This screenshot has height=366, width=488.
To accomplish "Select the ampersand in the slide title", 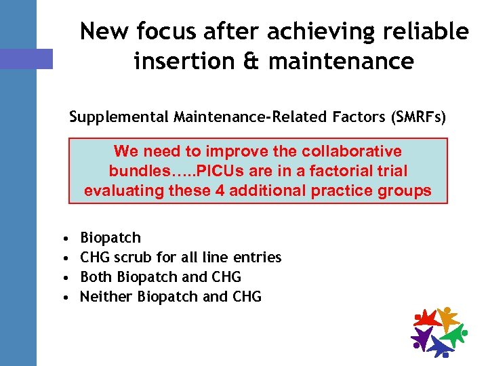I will [251, 62].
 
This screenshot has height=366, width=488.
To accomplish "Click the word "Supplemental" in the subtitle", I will [113, 117].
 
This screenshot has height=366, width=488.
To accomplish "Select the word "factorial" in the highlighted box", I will [345, 171].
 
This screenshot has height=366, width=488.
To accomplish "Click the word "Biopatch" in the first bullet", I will [110, 238].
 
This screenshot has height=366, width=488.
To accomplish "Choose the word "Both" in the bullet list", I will [96, 277].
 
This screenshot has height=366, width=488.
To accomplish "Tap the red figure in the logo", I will [427, 318].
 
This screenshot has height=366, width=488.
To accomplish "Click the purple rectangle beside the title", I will [26, 58].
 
